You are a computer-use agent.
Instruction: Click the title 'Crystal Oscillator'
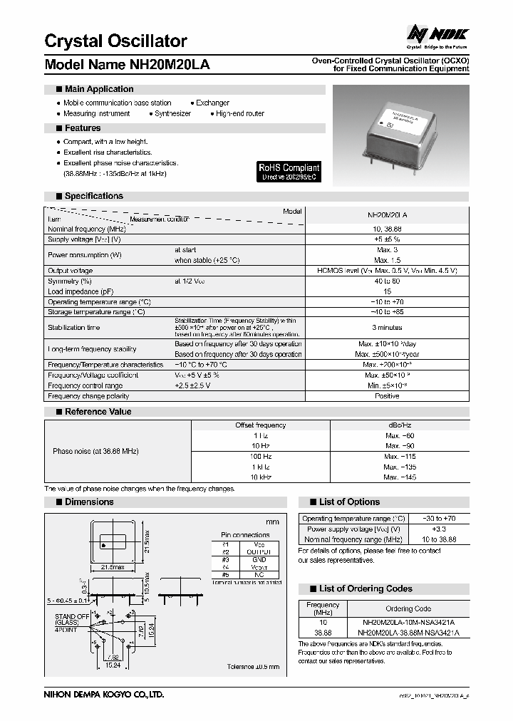coord(115,41)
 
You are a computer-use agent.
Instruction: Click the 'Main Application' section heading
coord(98,89)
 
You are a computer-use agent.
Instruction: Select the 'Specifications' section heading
coord(93,196)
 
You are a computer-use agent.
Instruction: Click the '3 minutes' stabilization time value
coord(387,328)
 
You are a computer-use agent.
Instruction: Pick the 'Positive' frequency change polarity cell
coord(387,395)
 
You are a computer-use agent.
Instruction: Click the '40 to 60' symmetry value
coord(387,281)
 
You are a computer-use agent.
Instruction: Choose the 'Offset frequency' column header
coord(260,425)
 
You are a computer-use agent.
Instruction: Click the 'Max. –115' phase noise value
coord(400,456)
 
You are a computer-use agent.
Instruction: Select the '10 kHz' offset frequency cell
coord(260,477)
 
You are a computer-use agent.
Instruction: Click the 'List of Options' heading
coord(349,502)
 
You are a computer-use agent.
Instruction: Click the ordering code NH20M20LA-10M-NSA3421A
coord(408,622)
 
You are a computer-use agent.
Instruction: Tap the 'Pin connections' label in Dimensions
coord(245,534)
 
